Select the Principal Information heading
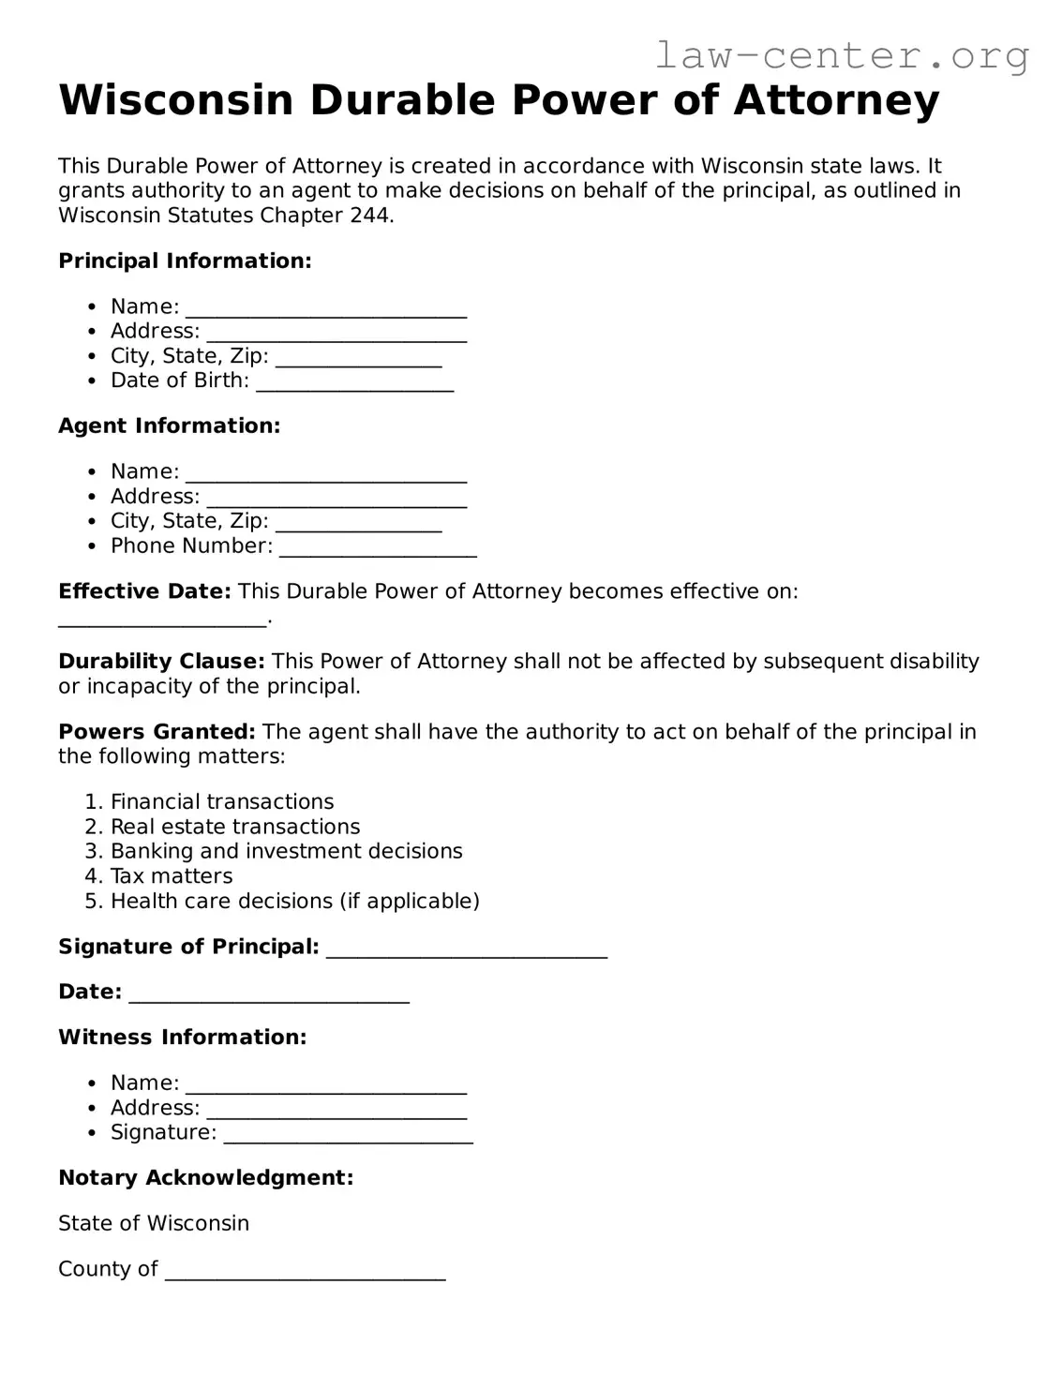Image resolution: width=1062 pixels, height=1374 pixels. (185, 261)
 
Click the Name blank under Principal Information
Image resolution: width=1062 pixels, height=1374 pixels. (325, 309)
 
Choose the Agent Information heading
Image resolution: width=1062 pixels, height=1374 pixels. (169, 426)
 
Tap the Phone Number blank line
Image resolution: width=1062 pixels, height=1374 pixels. (378, 548)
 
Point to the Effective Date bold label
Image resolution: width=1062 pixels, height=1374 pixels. (144, 591)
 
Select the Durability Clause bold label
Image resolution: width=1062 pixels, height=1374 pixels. (161, 662)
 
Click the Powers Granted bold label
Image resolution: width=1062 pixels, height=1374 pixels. (157, 732)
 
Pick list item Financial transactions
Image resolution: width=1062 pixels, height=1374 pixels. (222, 802)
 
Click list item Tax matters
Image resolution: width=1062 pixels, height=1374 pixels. (172, 876)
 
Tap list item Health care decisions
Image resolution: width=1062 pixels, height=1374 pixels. (294, 902)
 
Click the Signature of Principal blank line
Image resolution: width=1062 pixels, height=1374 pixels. (466, 949)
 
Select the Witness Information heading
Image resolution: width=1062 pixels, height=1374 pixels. (182, 1038)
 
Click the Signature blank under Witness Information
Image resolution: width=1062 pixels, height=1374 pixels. (348, 1135)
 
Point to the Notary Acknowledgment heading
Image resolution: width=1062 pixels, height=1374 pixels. (205, 1178)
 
